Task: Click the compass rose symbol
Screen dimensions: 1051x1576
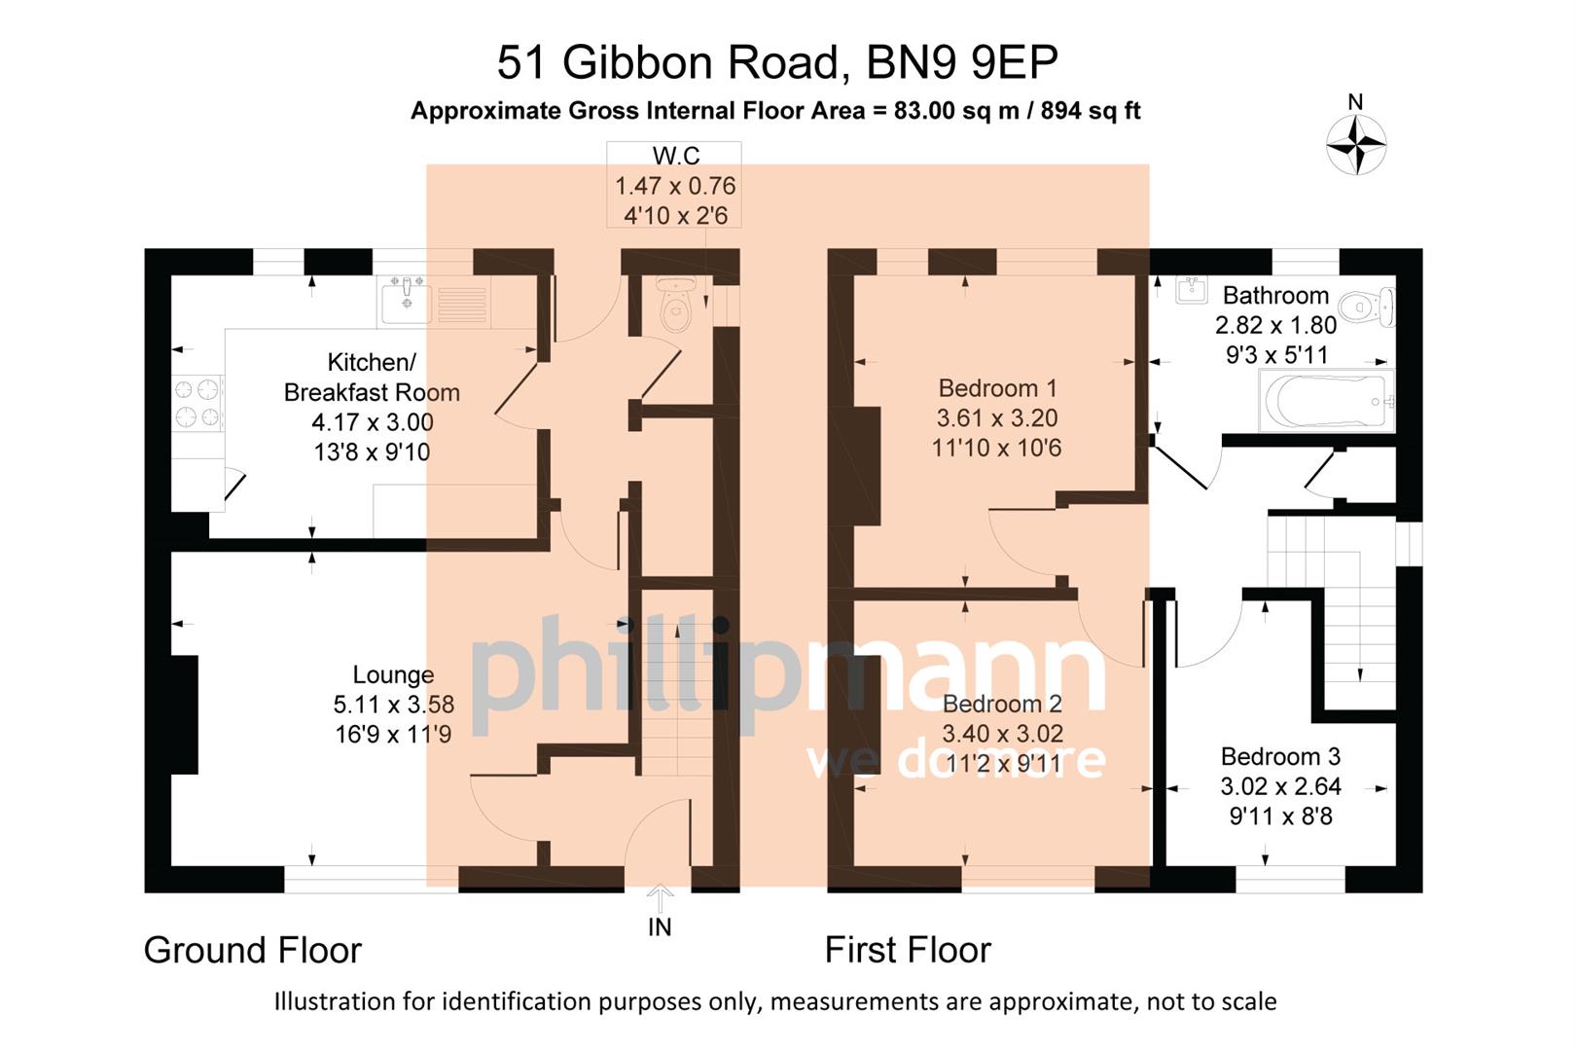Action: [x=1355, y=145]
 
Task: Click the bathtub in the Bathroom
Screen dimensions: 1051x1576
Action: [x=1325, y=401]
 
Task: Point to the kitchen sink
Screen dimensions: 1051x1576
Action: [x=407, y=300]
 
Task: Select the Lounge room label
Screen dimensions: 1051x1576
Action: [x=393, y=674]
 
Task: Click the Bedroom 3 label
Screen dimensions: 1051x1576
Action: [x=1280, y=756]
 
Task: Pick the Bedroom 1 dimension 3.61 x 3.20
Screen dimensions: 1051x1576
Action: [x=996, y=418]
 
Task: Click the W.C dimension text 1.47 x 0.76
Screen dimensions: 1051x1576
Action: [x=674, y=186]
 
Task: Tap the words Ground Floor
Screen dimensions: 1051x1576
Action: [x=252, y=950]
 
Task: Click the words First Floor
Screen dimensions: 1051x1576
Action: [x=907, y=950]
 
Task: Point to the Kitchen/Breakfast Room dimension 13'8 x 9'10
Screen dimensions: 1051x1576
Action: [x=371, y=453]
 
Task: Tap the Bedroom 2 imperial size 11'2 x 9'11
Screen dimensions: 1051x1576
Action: [x=1002, y=764]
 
